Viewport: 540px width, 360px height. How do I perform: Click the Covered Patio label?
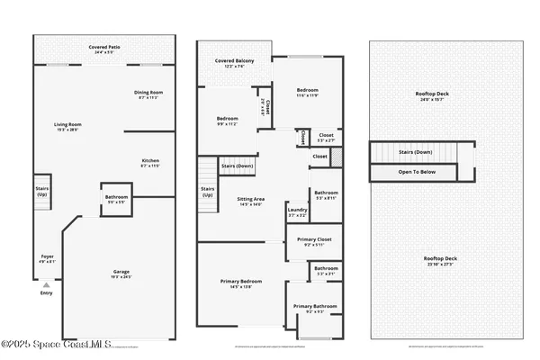pos(104,49)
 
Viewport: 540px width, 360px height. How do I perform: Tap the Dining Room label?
pos(148,93)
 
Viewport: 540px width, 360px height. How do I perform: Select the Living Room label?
pos(69,127)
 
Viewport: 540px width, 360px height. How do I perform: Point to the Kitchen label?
pos(150,163)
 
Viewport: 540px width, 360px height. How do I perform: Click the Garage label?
pos(121,274)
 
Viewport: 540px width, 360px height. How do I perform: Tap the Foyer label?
pos(47,259)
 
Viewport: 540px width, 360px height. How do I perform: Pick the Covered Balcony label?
pos(234,63)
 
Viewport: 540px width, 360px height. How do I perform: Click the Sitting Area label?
pos(250,202)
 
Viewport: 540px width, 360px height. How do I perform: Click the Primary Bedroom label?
pos(241,283)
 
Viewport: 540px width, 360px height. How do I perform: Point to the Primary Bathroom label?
pos(315,309)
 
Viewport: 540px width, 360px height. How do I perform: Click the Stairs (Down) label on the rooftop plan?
pos(418,152)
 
